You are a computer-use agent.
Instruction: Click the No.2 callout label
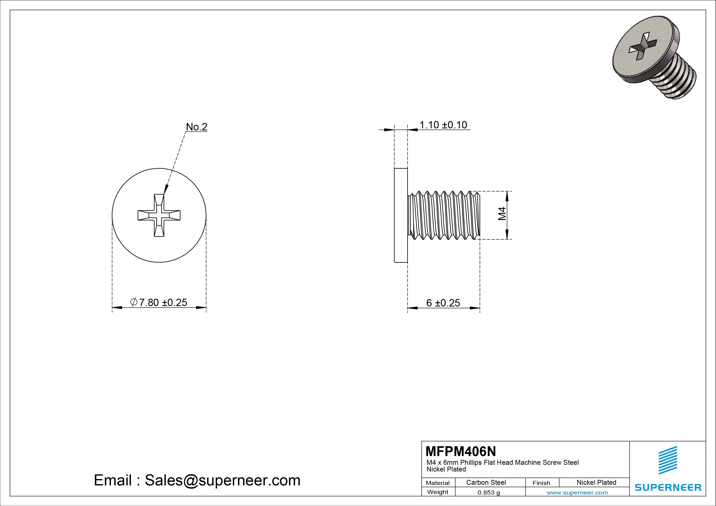(x=197, y=127)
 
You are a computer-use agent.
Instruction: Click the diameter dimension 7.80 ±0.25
(x=159, y=302)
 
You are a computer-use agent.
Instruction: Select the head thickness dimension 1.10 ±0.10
(x=443, y=125)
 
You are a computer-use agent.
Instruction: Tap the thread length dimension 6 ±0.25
(x=443, y=303)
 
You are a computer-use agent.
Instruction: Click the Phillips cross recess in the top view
(x=159, y=215)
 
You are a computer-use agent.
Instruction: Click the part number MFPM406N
(x=460, y=451)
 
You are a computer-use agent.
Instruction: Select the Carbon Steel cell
(x=486, y=482)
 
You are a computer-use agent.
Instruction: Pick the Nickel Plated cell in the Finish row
(x=596, y=482)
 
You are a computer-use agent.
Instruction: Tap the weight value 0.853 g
(x=489, y=493)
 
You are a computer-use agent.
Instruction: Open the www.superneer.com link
(x=577, y=493)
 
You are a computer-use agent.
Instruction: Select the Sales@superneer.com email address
(x=222, y=480)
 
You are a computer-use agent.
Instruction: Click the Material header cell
(x=438, y=483)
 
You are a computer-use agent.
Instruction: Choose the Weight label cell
(x=438, y=492)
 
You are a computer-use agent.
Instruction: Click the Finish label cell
(x=541, y=483)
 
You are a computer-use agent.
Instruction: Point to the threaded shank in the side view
(x=444, y=215)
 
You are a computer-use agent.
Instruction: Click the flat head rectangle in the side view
(x=401, y=215)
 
